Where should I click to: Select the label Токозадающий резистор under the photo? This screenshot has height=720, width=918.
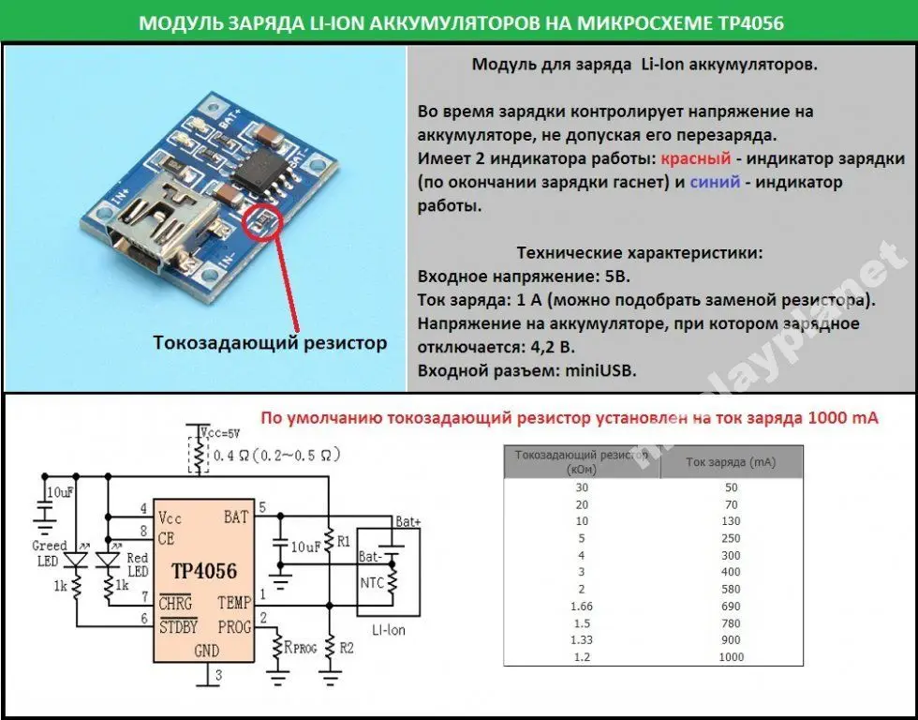point(270,342)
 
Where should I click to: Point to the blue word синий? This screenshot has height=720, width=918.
point(715,182)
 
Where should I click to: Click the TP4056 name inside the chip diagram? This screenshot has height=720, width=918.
point(204,571)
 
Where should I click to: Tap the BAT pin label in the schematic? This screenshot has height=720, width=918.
point(237,517)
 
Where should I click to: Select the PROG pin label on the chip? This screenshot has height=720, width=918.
point(233,626)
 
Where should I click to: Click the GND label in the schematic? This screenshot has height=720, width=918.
point(204,651)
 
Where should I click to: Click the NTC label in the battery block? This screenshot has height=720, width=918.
point(372,582)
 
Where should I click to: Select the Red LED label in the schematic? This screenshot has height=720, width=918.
point(138,565)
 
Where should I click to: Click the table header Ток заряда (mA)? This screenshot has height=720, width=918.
point(730,461)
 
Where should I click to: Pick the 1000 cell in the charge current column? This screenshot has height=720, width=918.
point(731,657)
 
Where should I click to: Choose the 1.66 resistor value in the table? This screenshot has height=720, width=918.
point(582,607)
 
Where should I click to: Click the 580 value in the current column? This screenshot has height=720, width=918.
point(731,590)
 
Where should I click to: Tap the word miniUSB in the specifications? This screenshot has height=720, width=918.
point(600,370)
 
